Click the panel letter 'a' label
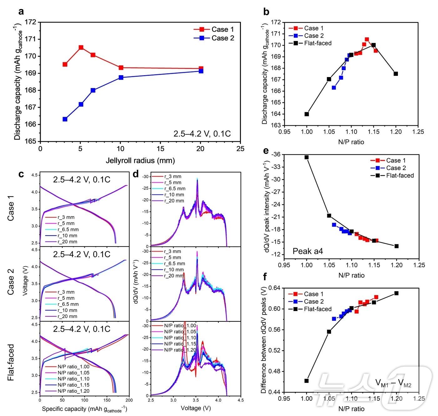[21, 12]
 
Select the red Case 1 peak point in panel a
[81, 48]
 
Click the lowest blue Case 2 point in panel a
[65, 119]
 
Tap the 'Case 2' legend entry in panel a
[222, 38]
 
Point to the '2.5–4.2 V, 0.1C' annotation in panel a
[202, 134]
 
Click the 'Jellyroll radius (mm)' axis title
[140, 161]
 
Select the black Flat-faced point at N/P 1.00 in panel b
[307, 114]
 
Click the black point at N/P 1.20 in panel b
[396, 74]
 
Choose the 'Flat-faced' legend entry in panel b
[318, 43]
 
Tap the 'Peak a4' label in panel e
[308, 251]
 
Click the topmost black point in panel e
[307, 157]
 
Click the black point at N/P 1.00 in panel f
[307, 381]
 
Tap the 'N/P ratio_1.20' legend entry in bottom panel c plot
[74, 391]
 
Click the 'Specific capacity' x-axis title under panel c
[84, 409]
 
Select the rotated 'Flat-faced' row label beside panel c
[11, 362]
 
